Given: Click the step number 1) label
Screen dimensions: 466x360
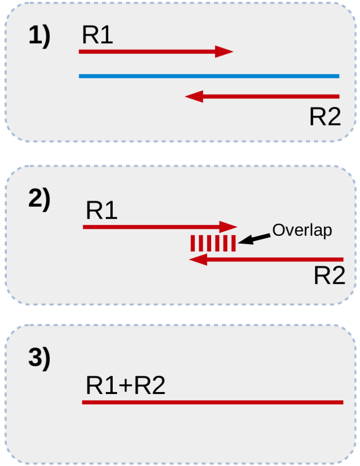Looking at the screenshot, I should point(39,37).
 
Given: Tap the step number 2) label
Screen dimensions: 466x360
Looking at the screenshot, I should point(39,200).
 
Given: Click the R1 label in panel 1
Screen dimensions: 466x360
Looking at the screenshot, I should point(97,35).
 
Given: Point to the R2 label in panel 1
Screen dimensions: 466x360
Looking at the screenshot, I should point(325,117).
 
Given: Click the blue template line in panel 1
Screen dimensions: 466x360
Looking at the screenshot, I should point(209,76).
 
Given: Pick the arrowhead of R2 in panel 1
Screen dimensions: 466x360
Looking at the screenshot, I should point(194,97).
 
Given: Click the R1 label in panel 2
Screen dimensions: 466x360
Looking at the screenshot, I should point(101,211).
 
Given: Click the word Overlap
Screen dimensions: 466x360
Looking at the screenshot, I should point(302,230).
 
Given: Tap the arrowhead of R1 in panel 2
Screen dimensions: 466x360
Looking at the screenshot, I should point(228,227).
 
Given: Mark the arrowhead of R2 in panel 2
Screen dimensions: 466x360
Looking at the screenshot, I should point(198,260).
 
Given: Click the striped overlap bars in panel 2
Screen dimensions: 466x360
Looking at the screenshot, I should point(213,244).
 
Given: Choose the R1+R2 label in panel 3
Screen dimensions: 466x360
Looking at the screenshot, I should point(125,386).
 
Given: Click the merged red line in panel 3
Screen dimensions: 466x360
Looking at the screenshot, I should point(213,402).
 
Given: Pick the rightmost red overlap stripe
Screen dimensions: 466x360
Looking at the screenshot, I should point(234,244).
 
